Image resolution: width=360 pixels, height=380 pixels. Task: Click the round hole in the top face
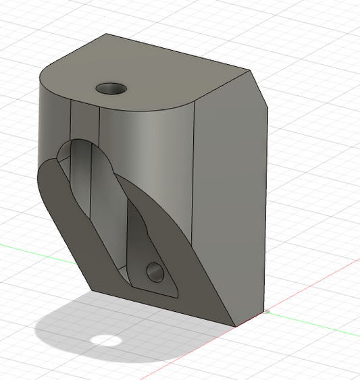[x=112, y=88]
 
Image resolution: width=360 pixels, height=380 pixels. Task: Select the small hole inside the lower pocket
[x=155, y=273]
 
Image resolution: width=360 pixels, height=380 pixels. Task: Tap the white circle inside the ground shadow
[x=104, y=339]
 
